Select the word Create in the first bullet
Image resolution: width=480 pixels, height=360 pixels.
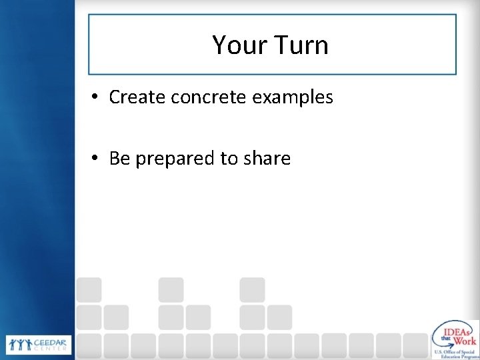coord(137,97)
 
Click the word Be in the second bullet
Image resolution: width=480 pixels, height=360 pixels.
coord(119,159)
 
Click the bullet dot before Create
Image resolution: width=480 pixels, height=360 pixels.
coord(96,98)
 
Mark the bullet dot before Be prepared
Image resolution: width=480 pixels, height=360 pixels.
coord(96,159)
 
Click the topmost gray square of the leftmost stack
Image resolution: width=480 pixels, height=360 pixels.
coord(89,289)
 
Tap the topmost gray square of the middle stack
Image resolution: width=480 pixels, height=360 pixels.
coord(171,289)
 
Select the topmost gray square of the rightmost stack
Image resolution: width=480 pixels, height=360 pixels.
coord(253,289)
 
